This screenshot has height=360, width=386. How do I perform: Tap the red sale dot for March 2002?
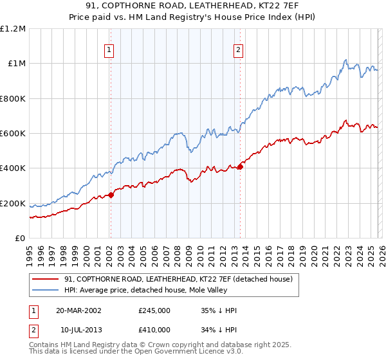(x=111, y=195)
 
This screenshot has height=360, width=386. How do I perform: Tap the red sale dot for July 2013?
(x=240, y=166)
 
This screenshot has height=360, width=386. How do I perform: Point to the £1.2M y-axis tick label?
(x=13, y=29)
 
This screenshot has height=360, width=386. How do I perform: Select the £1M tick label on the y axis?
(x=16, y=64)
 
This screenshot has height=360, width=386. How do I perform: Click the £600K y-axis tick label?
(x=13, y=134)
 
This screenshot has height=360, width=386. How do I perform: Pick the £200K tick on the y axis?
(x=13, y=204)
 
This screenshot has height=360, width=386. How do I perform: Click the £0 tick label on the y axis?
(x=21, y=239)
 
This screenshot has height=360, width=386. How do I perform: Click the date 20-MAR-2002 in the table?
(x=78, y=310)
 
